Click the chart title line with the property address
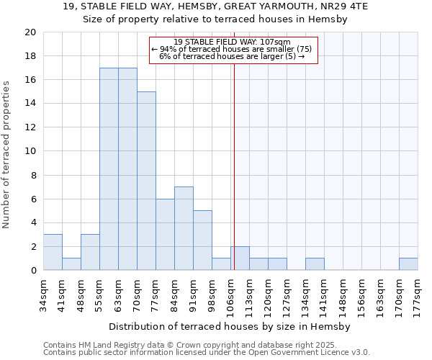click(215, 7)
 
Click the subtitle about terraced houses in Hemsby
click(215, 20)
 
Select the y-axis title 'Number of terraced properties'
click(7, 154)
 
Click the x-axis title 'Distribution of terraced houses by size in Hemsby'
click(230, 326)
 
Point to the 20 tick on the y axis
click(30, 32)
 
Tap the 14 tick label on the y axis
click(30, 104)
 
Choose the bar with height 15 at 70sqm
click(146, 181)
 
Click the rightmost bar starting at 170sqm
click(408, 264)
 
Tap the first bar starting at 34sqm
click(53, 252)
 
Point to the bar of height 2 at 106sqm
click(240, 258)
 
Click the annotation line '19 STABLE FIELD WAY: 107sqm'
click(233, 42)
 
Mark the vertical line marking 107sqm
click(234, 180)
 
